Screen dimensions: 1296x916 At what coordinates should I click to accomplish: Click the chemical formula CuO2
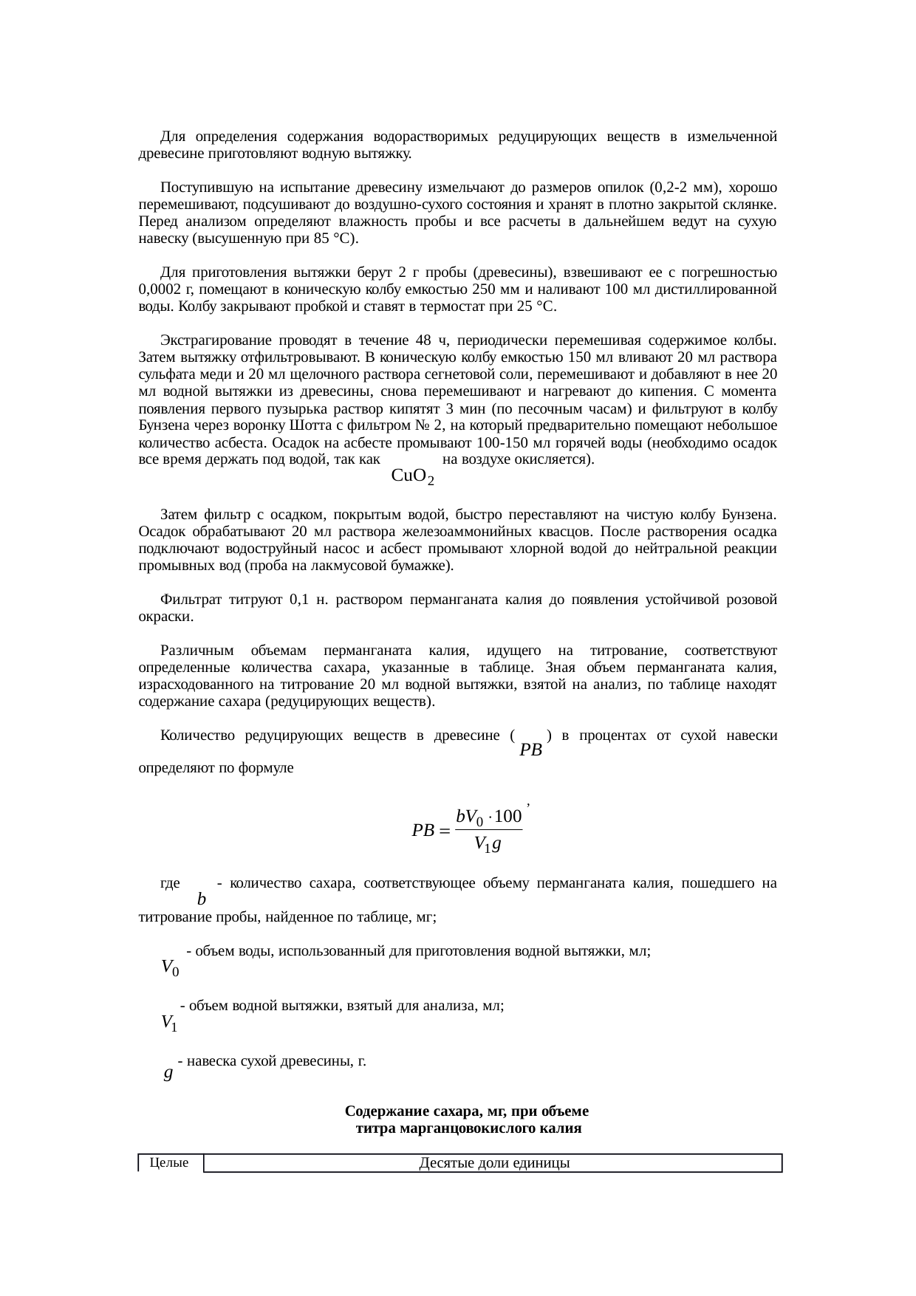tap(412, 476)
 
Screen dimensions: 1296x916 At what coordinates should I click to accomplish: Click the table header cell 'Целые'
tap(168, 1163)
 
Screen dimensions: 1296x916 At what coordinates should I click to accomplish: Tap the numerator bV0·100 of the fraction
tap(488, 817)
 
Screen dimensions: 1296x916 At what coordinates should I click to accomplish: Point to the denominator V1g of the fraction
tap(488, 843)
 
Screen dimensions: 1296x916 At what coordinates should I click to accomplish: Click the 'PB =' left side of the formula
tap(430, 831)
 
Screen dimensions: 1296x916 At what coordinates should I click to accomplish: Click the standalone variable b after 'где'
tap(202, 899)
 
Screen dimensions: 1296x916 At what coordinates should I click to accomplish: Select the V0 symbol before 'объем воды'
tap(169, 967)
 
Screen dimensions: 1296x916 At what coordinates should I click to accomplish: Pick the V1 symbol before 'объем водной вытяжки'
tap(168, 1023)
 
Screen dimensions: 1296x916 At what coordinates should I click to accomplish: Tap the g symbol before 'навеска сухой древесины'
tap(168, 1073)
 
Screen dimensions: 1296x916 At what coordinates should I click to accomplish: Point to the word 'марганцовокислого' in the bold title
tap(462, 1128)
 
